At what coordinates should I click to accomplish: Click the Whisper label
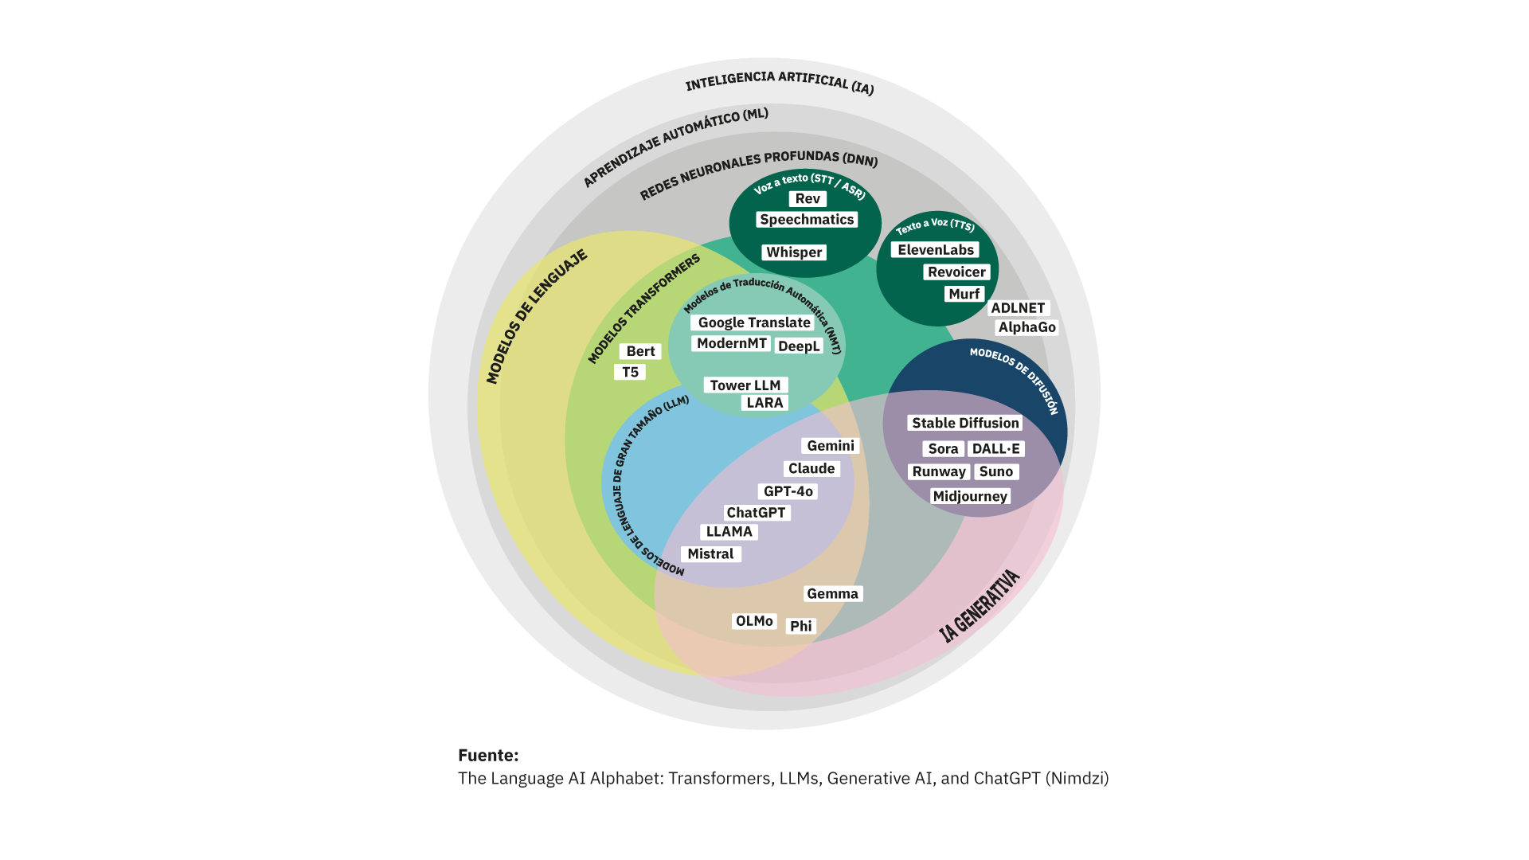point(794,252)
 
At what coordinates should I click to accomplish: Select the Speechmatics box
point(807,220)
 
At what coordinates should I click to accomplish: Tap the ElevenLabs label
point(936,250)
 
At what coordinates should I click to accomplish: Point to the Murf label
point(964,294)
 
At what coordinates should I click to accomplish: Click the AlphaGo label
point(1027,327)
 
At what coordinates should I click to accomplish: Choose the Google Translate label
point(753,322)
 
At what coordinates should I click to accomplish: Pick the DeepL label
point(798,346)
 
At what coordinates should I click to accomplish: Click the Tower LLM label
point(745,385)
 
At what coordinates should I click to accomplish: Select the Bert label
point(640,351)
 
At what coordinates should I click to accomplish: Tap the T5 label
point(630,372)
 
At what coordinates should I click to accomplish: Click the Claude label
point(811,469)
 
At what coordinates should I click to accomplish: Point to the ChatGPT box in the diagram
point(756,513)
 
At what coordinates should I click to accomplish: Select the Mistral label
point(710,554)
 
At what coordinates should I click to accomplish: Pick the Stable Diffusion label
point(965,423)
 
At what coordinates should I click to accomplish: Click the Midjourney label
point(970,496)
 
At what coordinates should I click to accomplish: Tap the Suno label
point(995,471)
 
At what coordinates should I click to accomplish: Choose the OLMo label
point(754,621)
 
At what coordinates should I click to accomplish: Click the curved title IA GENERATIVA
point(980,607)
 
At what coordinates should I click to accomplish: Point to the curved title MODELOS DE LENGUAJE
point(536,316)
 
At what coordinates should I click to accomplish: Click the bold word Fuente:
point(488,755)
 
